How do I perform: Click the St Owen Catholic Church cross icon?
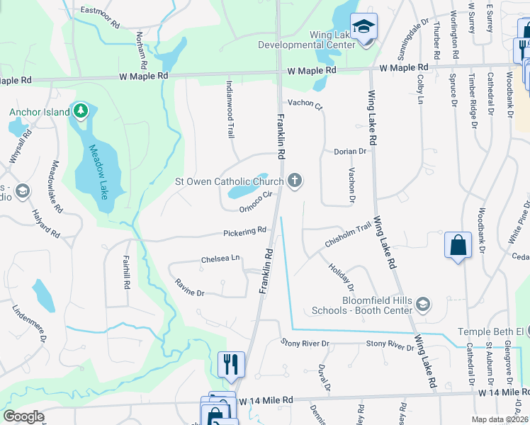(295, 182)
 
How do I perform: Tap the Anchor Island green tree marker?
(81, 111)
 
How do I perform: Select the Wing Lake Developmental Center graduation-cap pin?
(364, 28)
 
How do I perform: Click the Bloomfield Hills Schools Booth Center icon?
(423, 305)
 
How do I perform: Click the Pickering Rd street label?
(244, 232)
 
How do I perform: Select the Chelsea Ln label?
(220, 259)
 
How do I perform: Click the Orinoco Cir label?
(256, 203)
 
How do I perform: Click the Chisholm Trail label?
(348, 235)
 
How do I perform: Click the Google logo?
(23, 416)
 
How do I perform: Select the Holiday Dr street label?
(341, 277)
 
